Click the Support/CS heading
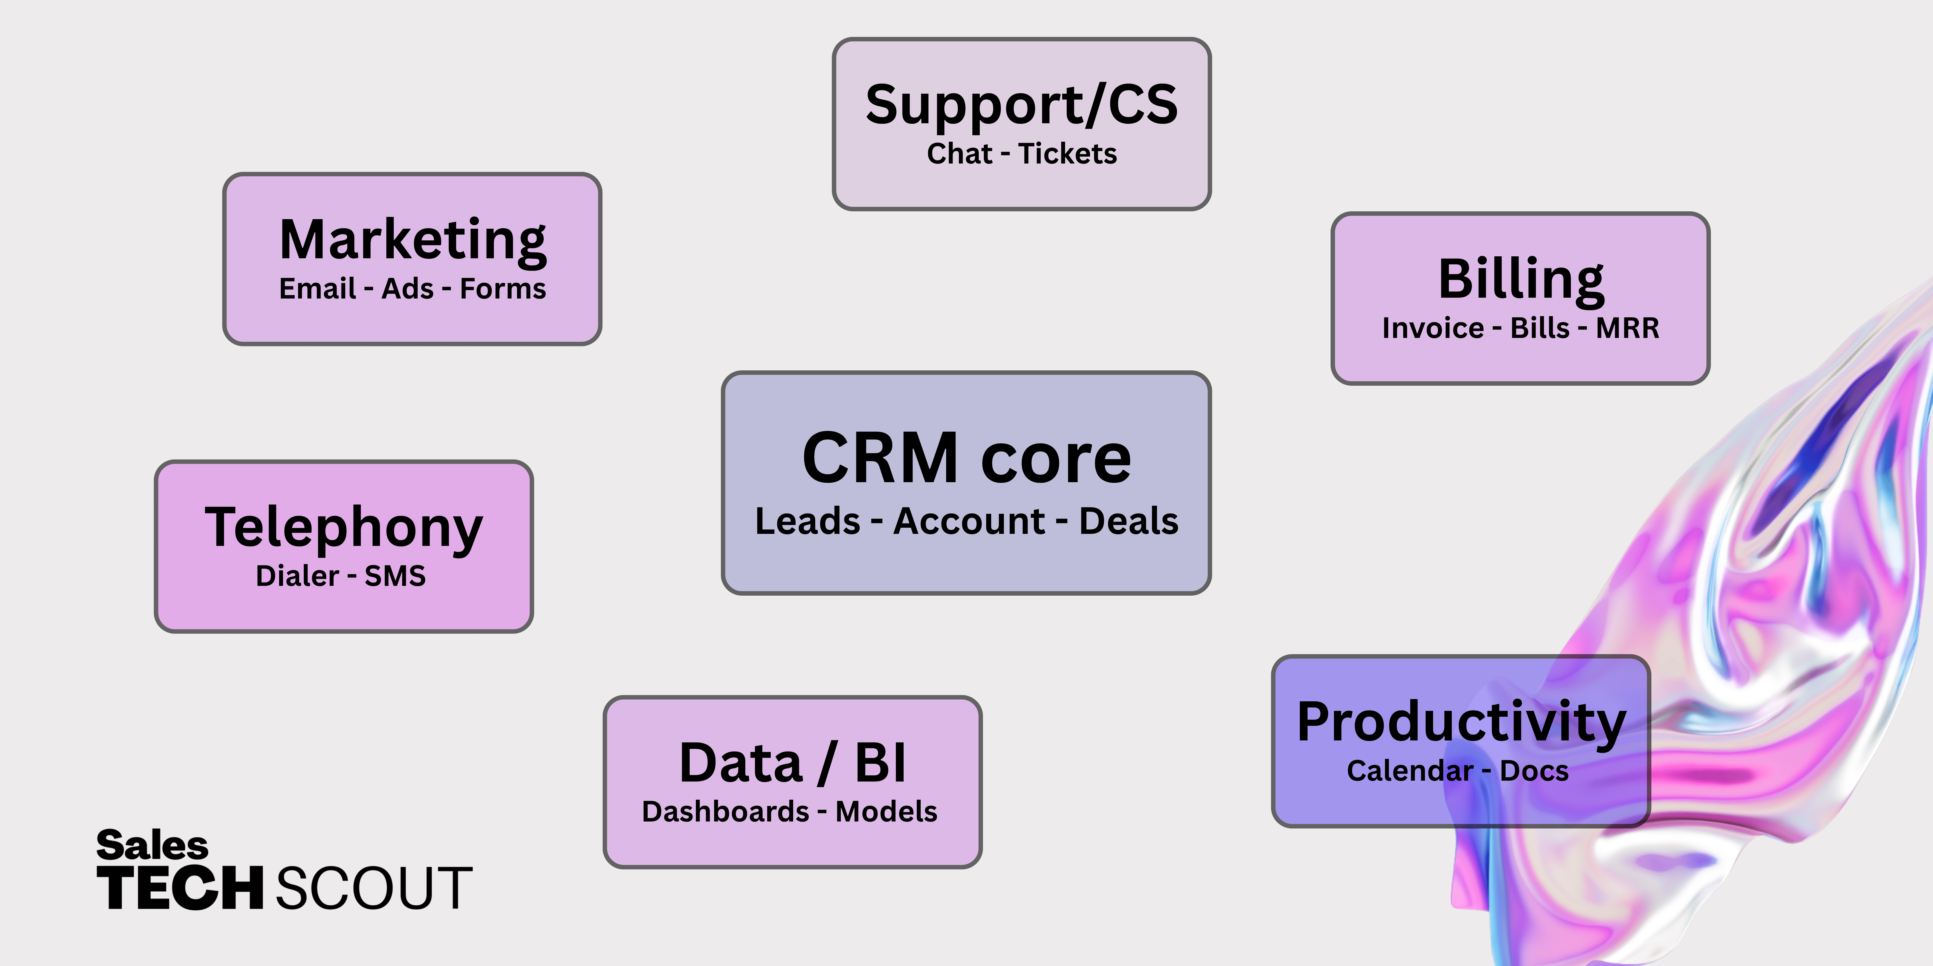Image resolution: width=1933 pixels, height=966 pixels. (x=1021, y=105)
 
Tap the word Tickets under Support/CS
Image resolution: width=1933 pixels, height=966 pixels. (x=1067, y=154)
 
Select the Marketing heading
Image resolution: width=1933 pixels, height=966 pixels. (x=413, y=240)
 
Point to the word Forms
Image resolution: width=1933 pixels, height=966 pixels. (x=503, y=289)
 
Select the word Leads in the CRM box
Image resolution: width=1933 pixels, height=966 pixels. (x=807, y=521)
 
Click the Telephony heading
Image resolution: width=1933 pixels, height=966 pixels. (x=344, y=527)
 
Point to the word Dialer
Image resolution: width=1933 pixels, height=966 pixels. (x=297, y=576)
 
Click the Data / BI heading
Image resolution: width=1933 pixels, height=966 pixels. (x=792, y=763)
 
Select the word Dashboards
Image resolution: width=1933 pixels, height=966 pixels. (x=725, y=811)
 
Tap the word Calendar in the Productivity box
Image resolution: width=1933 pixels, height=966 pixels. (x=1410, y=771)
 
